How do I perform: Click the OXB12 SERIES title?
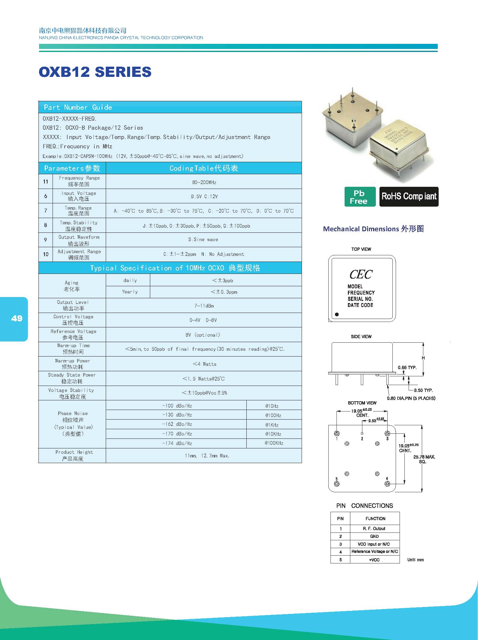(x=95, y=72)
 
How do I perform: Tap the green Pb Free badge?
(x=360, y=197)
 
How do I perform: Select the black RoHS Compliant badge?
(x=409, y=197)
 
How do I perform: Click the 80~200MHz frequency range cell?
(x=204, y=182)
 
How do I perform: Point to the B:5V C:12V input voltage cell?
(x=204, y=196)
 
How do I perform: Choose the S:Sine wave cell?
(x=203, y=240)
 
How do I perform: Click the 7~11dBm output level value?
(x=204, y=306)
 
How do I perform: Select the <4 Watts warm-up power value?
(x=204, y=364)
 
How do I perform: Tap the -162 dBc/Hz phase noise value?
(x=177, y=424)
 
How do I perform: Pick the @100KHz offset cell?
(x=274, y=443)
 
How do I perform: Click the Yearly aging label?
(x=130, y=292)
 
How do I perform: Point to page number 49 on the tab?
(x=17, y=318)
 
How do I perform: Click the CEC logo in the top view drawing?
(x=361, y=274)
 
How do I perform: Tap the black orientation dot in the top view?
(x=337, y=314)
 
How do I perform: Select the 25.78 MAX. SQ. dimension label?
(x=424, y=459)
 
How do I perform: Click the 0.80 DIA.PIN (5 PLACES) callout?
(x=411, y=398)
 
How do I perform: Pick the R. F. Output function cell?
(x=374, y=529)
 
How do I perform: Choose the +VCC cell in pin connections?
(x=374, y=560)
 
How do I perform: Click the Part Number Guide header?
(x=78, y=107)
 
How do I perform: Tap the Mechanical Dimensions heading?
(x=373, y=229)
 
